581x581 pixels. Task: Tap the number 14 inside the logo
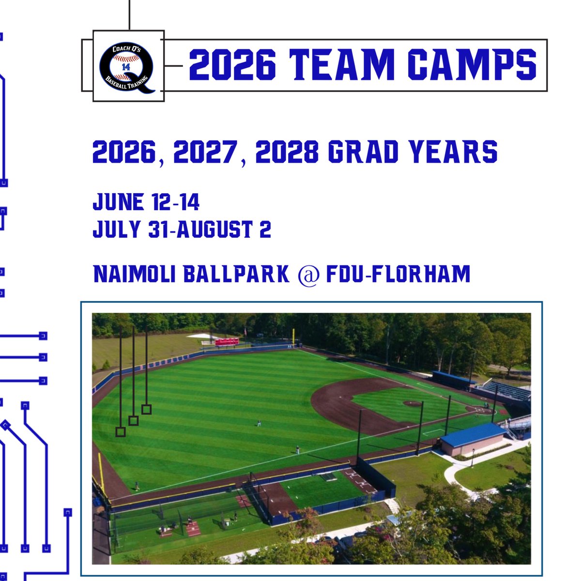[x=126, y=67]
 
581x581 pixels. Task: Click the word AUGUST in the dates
[x=215, y=229]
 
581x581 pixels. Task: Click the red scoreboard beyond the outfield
[x=227, y=342]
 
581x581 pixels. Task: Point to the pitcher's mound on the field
[x=412, y=403]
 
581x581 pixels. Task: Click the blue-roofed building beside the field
[x=472, y=439]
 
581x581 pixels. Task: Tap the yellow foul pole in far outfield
[x=293, y=337]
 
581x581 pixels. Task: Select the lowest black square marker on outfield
[x=121, y=432]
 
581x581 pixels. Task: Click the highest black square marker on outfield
[x=146, y=410]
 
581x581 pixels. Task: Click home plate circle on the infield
[x=479, y=411]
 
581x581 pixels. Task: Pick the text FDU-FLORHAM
[x=398, y=274]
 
